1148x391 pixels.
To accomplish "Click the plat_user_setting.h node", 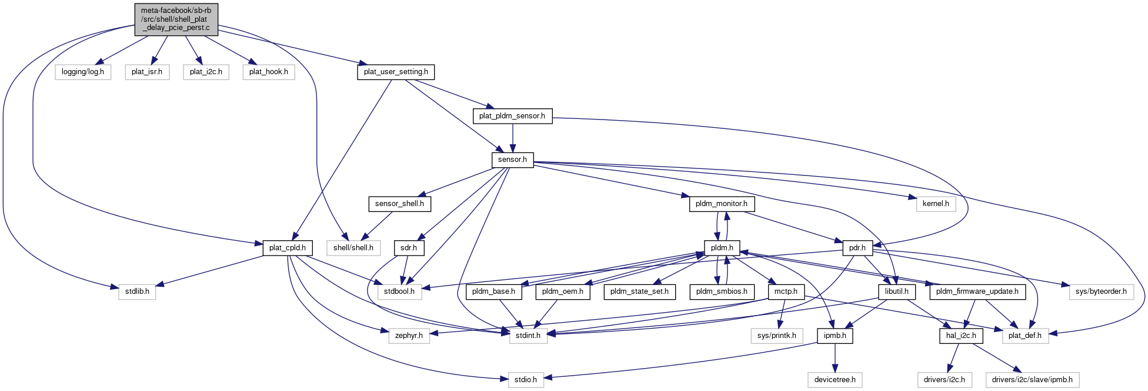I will click(396, 72).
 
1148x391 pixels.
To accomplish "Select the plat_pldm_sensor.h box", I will click(512, 116).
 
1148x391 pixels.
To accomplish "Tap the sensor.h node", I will click(512, 160).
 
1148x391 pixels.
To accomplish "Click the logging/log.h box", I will click(83, 72).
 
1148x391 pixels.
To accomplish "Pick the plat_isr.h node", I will click(147, 72).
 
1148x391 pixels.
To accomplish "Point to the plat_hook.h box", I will click(268, 72).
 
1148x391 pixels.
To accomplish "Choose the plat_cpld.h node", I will click(287, 248).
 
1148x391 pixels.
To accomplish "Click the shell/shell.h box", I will click(353, 248).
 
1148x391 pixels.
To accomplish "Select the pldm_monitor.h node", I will click(721, 204).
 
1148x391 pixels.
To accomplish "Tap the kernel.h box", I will click(935, 204).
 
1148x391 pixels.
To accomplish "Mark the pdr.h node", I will click(857, 248).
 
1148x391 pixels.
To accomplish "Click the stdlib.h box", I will click(137, 291).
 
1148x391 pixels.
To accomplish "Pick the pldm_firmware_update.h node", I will click(977, 291).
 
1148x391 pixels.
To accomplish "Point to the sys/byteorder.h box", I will click(1101, 291).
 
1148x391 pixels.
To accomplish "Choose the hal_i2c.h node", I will click(961, 336).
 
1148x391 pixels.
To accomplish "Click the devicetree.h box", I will click(835, 380).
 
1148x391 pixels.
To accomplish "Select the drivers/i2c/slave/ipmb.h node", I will click(1032, 380).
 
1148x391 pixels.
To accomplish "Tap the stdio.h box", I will click(526, 380).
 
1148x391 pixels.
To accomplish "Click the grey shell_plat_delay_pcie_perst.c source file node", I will click(175, 19).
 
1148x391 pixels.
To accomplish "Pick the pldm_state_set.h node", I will click(639, 291).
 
